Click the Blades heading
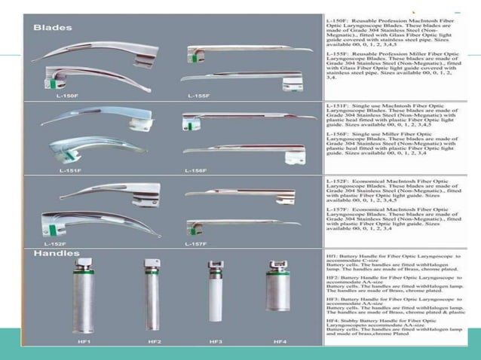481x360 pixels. pyautogui.click(x=53, y=28)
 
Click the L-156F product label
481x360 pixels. pyautogui.click(x=197, y=170)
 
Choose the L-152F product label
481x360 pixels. pyautogui.click(x=56, y=244)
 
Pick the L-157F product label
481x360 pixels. pyautogui.click(x=197, y=244)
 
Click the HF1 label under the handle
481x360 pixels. pyautogui.click(x=84, y=342)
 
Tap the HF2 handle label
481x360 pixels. pyautogui.click(x=154, y=342)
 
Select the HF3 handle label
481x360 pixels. pyautogui.click(x=215, y=342)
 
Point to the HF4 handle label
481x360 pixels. pyautogui.click(x=280, y=342)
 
